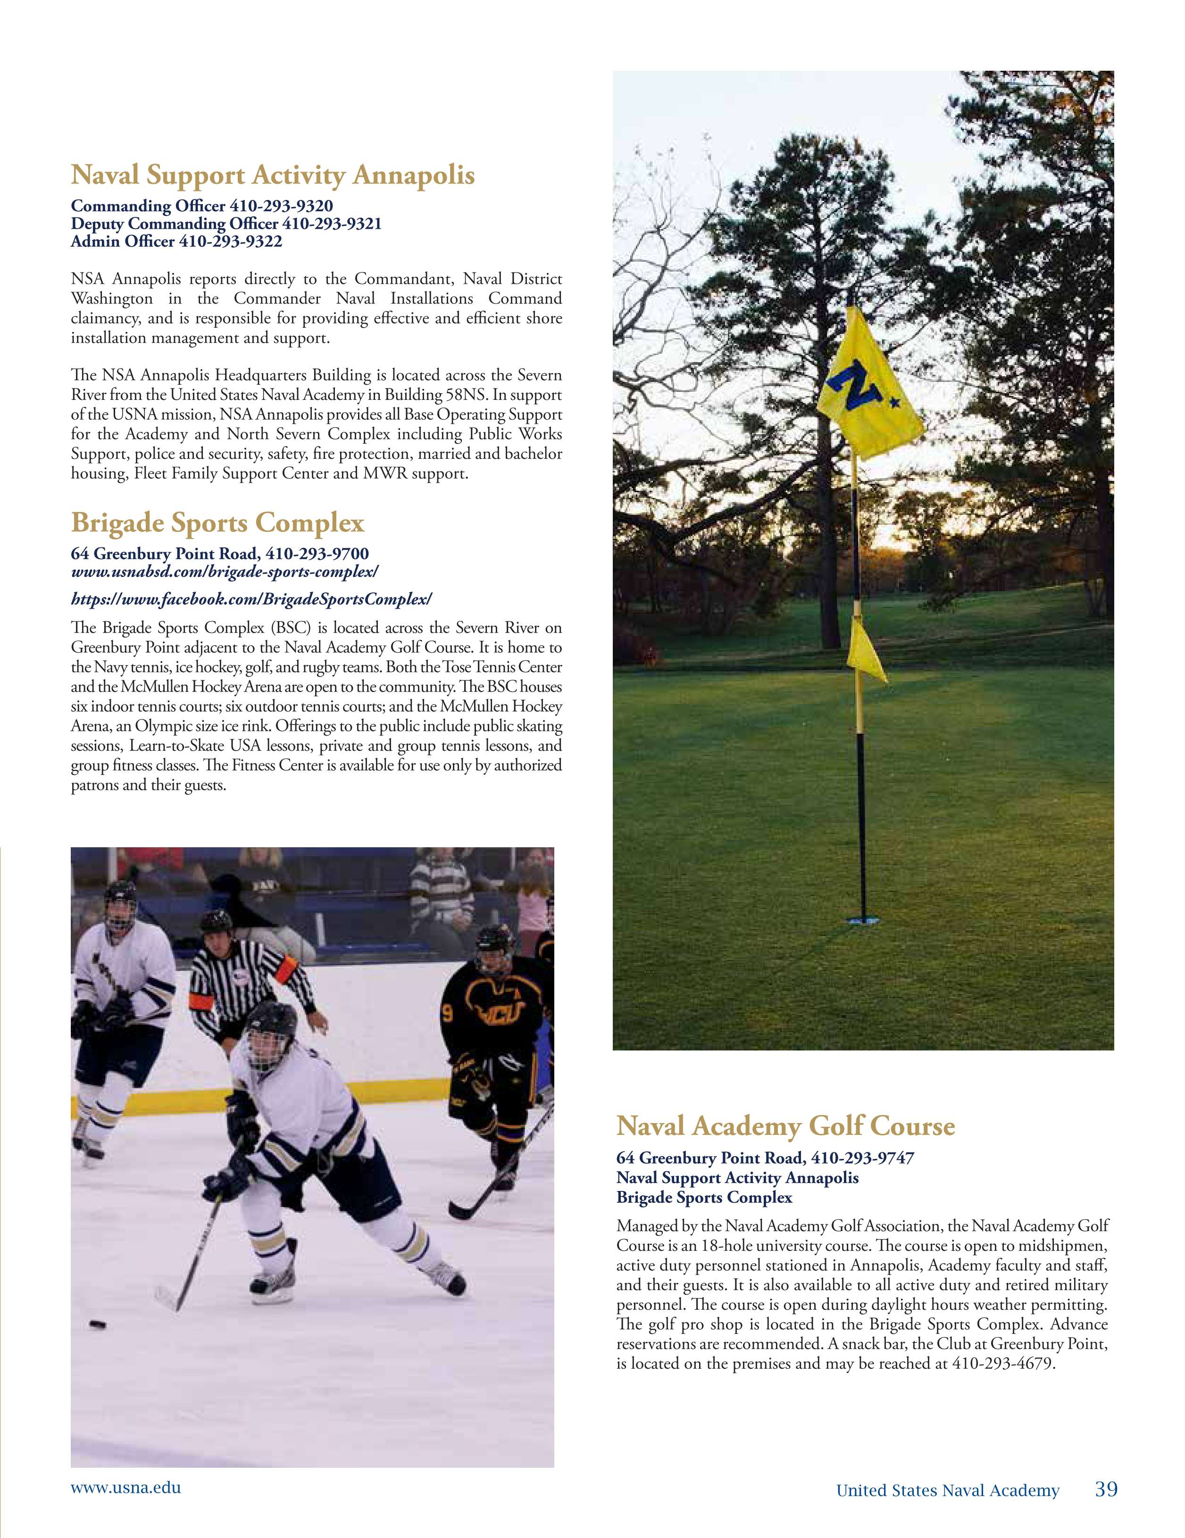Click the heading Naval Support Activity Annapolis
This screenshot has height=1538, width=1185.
pyautogui.click(x=273, y=174)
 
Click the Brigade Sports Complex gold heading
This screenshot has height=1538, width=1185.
pyautogui.click(x=217, y=522)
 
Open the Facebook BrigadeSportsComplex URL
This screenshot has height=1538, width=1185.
pyautogui.click(x=251, y=599)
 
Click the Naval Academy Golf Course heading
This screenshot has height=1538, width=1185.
pyautogui.click(x=785, y=1125)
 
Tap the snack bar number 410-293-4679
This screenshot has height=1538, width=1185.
pyautogui.click(x=1003, y=1364)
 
